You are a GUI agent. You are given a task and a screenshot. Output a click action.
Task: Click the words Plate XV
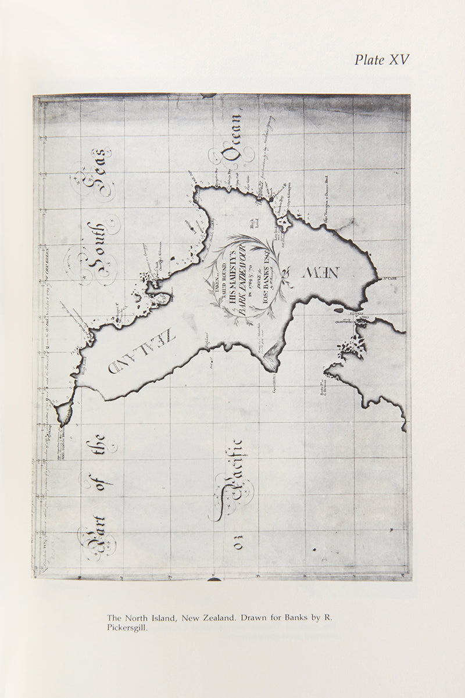point(381,60)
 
